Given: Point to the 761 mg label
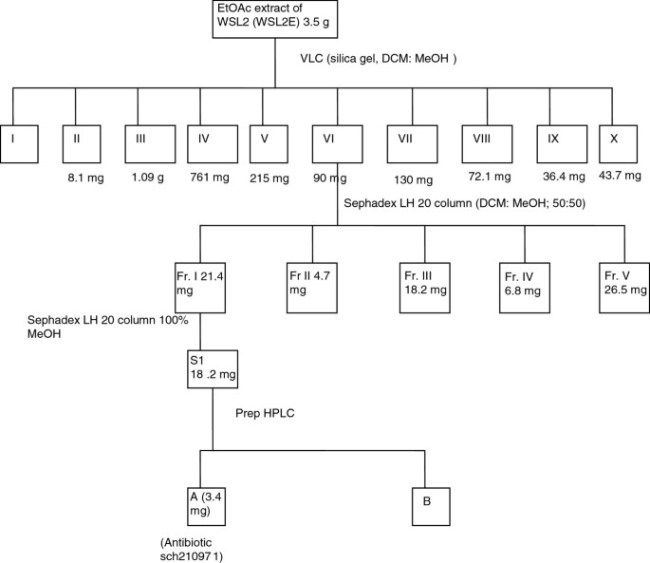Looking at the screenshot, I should coord(208,177).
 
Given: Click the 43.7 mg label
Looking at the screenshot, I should coord(621,178).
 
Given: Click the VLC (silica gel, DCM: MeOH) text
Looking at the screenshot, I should coord(379,59).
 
